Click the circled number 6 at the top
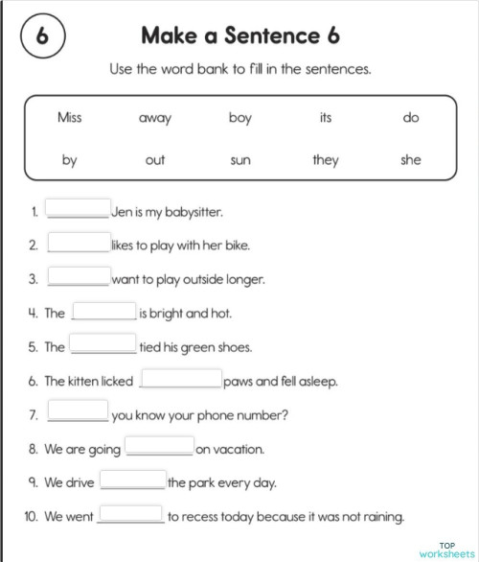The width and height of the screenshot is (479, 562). (41, 37)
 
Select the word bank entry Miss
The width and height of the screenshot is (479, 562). (69, 118)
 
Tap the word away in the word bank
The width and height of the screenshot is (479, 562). (155, 118)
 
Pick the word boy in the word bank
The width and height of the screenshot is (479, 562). (240, 118)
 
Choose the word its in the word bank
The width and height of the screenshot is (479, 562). (326, 118)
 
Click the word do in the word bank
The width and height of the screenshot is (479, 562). (411, 118)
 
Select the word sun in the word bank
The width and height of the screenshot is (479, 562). (240, 160)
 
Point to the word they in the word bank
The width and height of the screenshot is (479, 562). (326, 160)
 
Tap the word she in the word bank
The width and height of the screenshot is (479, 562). (411, 160)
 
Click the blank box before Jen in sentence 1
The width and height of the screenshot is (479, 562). (79, 209)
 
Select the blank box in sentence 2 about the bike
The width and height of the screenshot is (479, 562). (79, 244)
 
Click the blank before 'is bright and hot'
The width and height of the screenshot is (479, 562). (104, 312)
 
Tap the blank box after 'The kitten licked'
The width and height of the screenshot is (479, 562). (181, 380)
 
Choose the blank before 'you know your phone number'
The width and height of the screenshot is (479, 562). (79, 413)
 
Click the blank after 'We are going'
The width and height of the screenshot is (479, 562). (160, 447)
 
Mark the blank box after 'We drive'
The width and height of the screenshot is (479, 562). (133, 481)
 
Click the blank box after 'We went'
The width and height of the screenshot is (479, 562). (130, 515)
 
